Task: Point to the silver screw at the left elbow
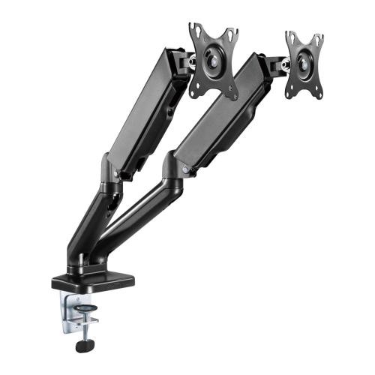point(116,174)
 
